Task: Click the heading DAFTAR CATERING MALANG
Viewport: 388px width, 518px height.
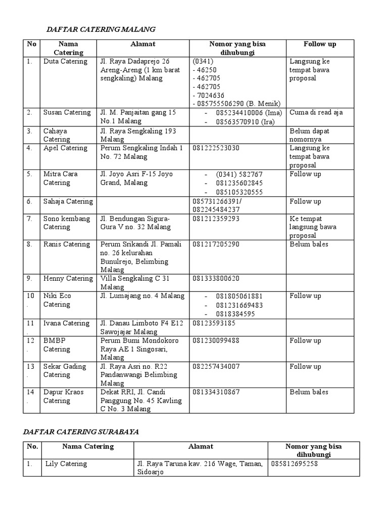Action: [101, 29]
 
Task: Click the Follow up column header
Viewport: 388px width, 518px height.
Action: [320, 44]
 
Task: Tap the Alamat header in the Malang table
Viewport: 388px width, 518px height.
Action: [142, 44]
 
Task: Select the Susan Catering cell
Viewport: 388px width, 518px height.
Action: [67, 112]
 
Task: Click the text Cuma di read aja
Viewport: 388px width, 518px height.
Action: [316, 112]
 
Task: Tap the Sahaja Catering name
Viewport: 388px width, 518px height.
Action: [68, 201]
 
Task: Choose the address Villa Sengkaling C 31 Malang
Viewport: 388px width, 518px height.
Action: [135, 283]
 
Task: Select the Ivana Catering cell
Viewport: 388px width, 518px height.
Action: [66, 323]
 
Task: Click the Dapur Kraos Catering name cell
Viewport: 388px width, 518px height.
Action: [63, 396]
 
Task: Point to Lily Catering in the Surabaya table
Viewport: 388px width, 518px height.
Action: [66, 463]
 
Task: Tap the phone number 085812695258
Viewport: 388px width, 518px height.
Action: [295, 463]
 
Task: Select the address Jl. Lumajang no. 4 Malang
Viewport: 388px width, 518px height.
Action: [142, 296]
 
